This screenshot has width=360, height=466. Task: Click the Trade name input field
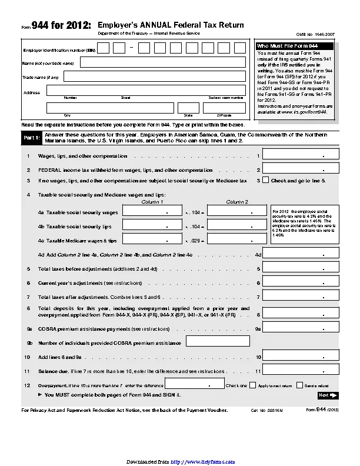tap(154, 76)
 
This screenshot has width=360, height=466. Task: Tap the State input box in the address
tap(188, 108)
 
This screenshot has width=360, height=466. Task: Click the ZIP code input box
tap(224, 108)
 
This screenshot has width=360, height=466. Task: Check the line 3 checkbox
tap(265, 181)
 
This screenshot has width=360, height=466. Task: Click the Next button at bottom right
tap(326, 395)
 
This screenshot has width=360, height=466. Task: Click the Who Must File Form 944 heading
tap(280, 46)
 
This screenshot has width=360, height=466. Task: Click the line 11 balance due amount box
tap(301, 371)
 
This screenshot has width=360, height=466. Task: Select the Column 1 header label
tap(153, 202)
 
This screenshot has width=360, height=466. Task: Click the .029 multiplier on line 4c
tap(195, 241)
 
